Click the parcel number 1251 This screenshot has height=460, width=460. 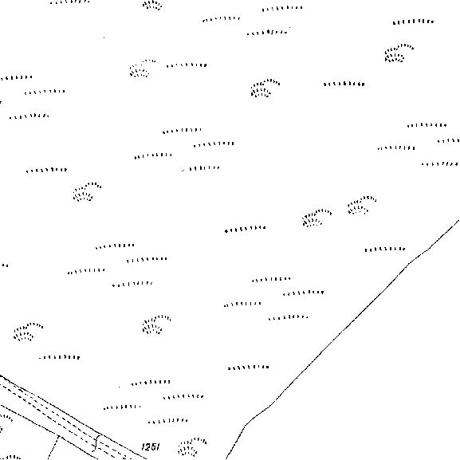point(151,446)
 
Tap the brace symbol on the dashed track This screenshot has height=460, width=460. point(96,443)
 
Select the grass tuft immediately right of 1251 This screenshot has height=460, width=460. point(192,446)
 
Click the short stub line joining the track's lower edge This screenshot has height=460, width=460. point(53,447)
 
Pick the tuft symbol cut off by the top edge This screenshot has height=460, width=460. point(152,5)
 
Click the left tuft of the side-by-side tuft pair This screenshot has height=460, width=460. point(316,218)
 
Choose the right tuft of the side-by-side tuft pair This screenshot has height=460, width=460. point(362,204)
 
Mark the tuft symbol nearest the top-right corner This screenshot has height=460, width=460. point(399,53)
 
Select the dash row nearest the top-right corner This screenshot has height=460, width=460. point(413,22)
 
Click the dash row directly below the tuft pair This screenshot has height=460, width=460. point(385,250)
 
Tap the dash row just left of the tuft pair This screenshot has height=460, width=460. point(246,229)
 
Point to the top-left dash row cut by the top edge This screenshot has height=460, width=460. point(70,2)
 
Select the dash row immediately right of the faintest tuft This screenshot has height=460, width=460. point(187,65)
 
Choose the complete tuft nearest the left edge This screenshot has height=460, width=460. point(28,332)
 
